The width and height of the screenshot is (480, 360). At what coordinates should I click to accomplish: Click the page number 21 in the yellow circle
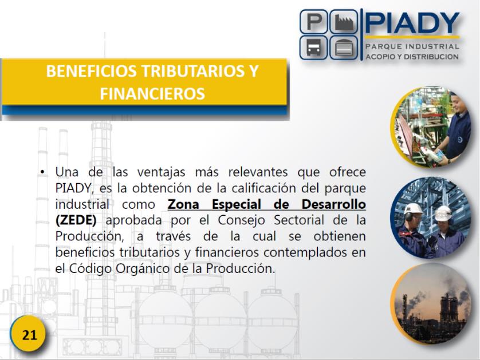[x=29, y=335]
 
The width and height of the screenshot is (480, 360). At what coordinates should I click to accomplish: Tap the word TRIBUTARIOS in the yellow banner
[x=190, y=71]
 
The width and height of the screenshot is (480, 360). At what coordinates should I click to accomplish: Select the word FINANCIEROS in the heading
[x=152, y=94]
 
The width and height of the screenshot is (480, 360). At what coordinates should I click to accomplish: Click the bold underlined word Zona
[x=183, y=204]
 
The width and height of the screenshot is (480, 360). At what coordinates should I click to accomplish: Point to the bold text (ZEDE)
[x=76, y=220]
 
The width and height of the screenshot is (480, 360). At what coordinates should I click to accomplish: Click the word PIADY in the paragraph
[x=73, y=188]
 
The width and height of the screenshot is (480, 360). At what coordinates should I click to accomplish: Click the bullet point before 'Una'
[x=42, y=172]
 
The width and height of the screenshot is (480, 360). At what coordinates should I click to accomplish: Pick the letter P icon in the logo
[x=314, y=22]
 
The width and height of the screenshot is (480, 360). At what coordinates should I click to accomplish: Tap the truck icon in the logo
[x=314, y=48]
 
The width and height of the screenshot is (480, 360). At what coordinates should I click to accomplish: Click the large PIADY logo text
[x=412, y=23]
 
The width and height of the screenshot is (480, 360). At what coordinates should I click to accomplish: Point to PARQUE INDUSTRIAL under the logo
[x=412, y=46]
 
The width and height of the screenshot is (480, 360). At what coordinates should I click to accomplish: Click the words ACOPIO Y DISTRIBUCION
[x=412, y=57]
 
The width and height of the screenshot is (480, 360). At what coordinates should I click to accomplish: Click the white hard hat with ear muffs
[x=412, y=211]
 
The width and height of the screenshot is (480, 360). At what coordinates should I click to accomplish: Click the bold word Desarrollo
[x=334, y=204]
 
